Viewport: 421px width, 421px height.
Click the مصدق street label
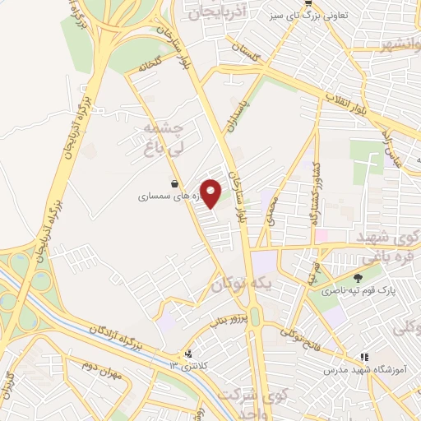click(x=272, y=210)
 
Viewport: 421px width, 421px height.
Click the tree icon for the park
click(x=357, y=277)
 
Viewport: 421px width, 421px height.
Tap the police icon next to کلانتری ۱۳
click(x=190, y=354)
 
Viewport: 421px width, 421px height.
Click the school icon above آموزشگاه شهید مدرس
click(x=363, y=358)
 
